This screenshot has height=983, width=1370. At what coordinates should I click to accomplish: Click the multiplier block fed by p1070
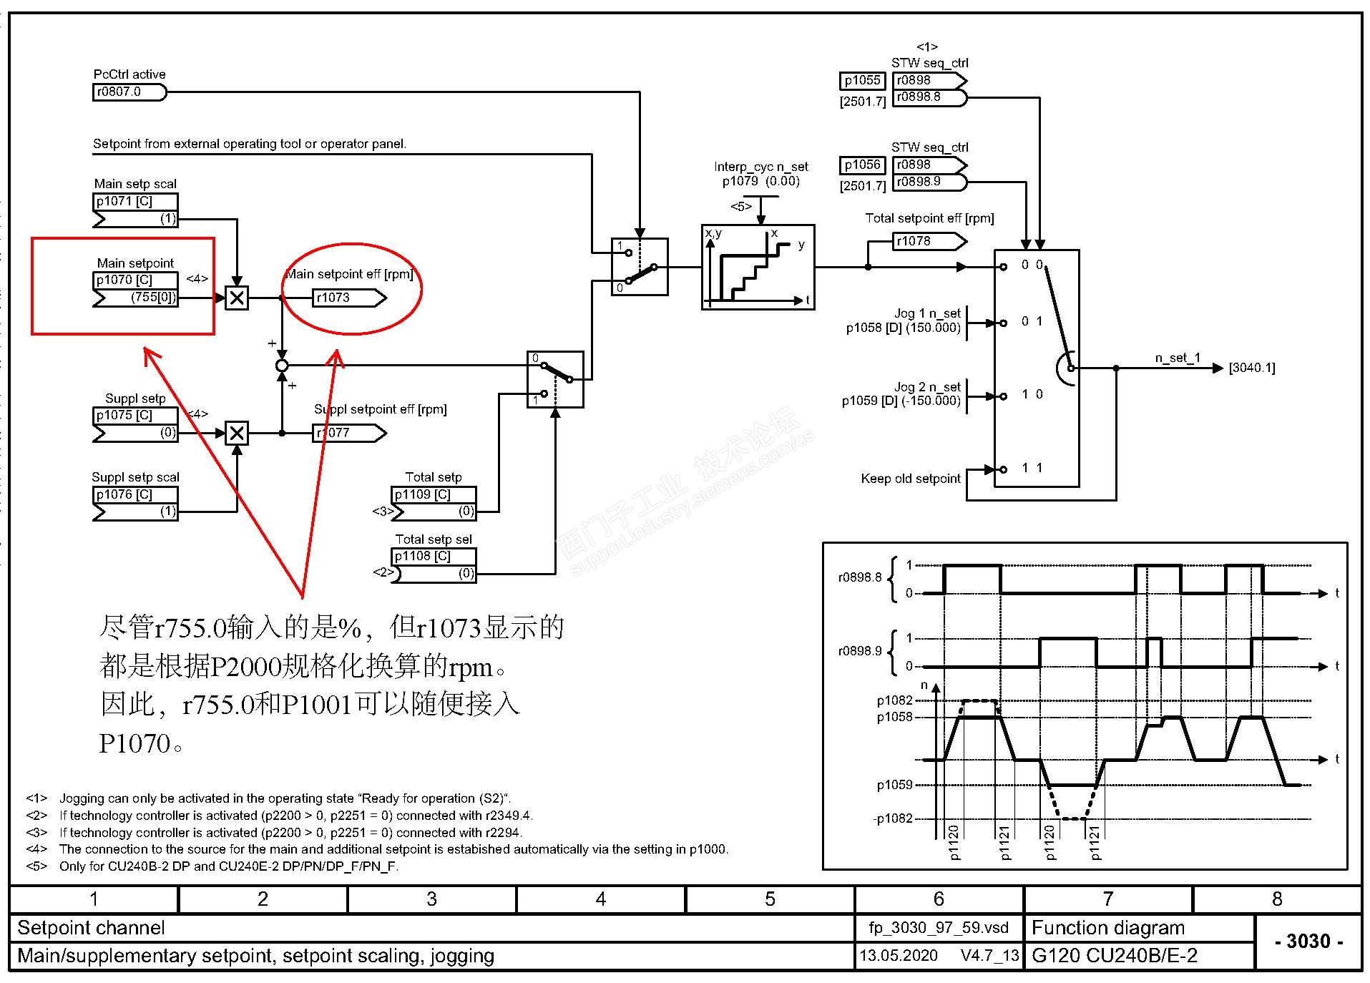click(x=237, y=298)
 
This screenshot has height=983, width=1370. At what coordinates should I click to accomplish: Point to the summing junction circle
click(x=282, y=366)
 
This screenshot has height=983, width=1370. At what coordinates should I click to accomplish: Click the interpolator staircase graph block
click(x=758, y=267)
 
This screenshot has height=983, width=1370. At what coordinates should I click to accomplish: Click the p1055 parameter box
click(x=862, y=81)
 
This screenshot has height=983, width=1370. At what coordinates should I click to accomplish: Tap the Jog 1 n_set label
click(x=927, y=313)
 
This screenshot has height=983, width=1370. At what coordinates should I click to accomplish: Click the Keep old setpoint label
click(x=910, y=479)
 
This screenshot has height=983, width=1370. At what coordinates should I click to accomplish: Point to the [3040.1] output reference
click(x=1252, y=368)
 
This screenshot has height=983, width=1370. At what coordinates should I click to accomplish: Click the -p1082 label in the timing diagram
click(x=894, y=819)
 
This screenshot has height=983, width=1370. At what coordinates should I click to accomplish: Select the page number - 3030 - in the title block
click(x=1308, y=942)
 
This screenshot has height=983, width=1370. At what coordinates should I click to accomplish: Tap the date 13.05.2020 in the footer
click(x=898, y=956)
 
